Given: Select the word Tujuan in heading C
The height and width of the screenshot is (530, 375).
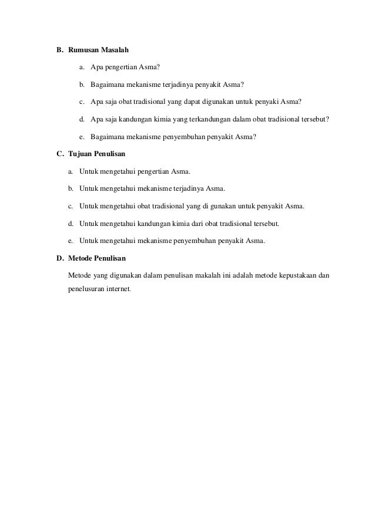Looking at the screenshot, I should (81, 154).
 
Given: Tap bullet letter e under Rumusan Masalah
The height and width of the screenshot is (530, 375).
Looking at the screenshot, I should (82, 137).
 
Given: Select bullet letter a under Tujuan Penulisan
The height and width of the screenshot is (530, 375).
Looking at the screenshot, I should (70, 171).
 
